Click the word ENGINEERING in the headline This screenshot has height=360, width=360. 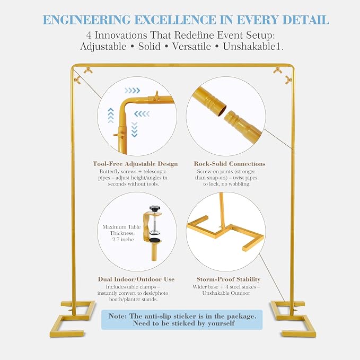[x=87, y=20]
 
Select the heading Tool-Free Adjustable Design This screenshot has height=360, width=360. [x=135, y=164]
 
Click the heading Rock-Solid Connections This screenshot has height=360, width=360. [x=230, y=164]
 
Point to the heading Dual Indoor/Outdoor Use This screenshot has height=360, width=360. [x=136, y=279]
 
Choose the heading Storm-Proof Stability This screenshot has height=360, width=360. [x=228, y=279]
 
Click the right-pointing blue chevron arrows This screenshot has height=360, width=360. [x=132, y=91]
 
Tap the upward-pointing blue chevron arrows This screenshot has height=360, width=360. [x=111, y=115]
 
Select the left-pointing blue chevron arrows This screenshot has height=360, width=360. [x=142, y=113]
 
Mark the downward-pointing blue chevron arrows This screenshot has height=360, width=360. [x=134, y=129]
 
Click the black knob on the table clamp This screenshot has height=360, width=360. [x=154, y=208]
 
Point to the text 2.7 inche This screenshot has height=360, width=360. [x=123, y=240]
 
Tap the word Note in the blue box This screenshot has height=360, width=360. [x=117, y=316]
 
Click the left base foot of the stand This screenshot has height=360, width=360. [x=72, y=318]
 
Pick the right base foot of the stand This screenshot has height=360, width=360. [x=293, y=318]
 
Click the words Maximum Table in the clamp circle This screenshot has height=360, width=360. [x=121, y=227]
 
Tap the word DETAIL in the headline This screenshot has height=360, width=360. [x=305, y=20]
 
